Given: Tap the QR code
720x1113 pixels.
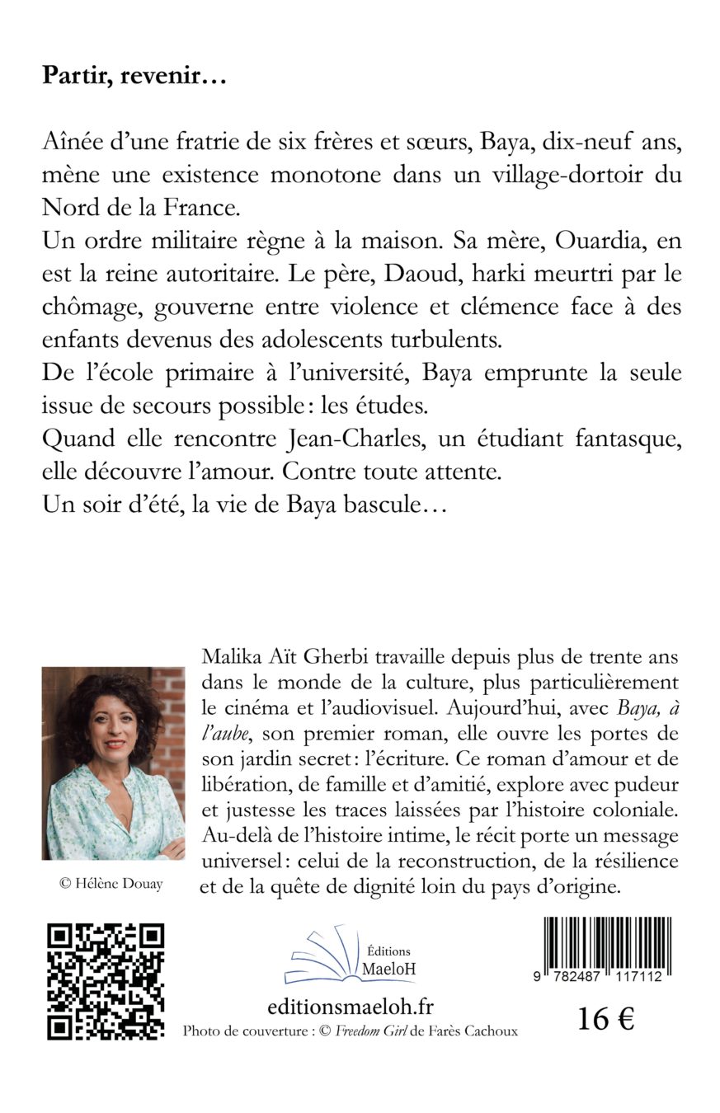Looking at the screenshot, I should (106, 980).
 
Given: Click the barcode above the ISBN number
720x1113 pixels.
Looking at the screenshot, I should (607, 946).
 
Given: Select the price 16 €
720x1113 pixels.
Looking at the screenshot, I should (605, 1019).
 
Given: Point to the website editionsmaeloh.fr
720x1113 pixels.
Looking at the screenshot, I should (351, 1007).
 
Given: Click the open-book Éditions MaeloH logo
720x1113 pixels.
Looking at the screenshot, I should (351, 956).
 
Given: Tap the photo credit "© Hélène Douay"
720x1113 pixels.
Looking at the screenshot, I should (111, 884).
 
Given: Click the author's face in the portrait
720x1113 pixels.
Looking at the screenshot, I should (113, 726).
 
